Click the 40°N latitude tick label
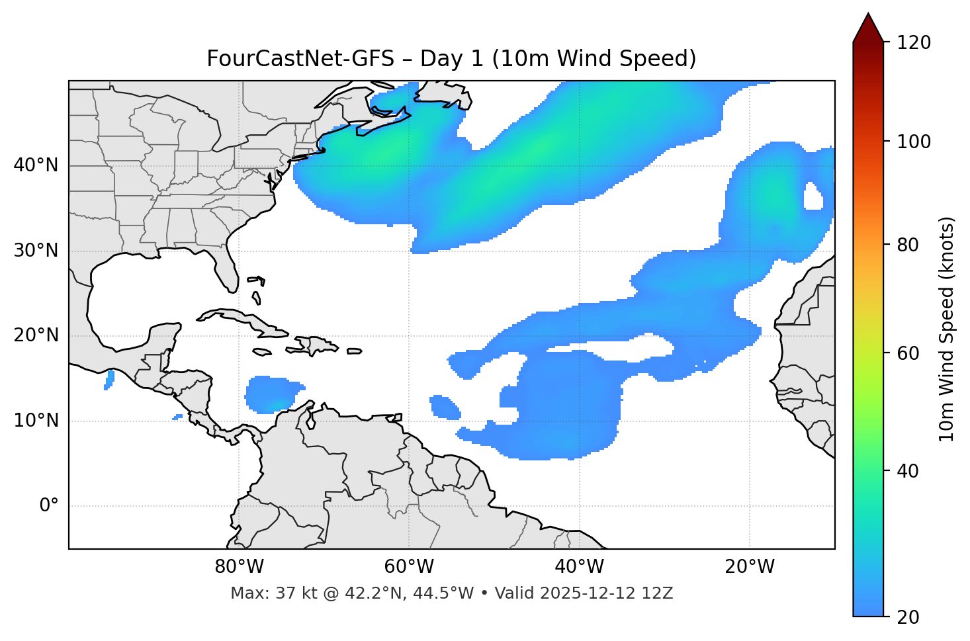tap(36, 165)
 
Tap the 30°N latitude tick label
tap(36, 251)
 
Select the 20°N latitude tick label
tap(36, 335)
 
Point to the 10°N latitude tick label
tap(36, 421)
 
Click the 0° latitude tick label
tap(49, 506)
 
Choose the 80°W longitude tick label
tap(239, 567)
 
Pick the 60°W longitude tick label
tap(409, 567)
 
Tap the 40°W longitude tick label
tap(579, 567)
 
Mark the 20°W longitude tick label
tap(750, 567)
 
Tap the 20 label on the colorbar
tap(908, 617)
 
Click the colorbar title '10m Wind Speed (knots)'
tap(947, 329)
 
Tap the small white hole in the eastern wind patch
tap(813, 197)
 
